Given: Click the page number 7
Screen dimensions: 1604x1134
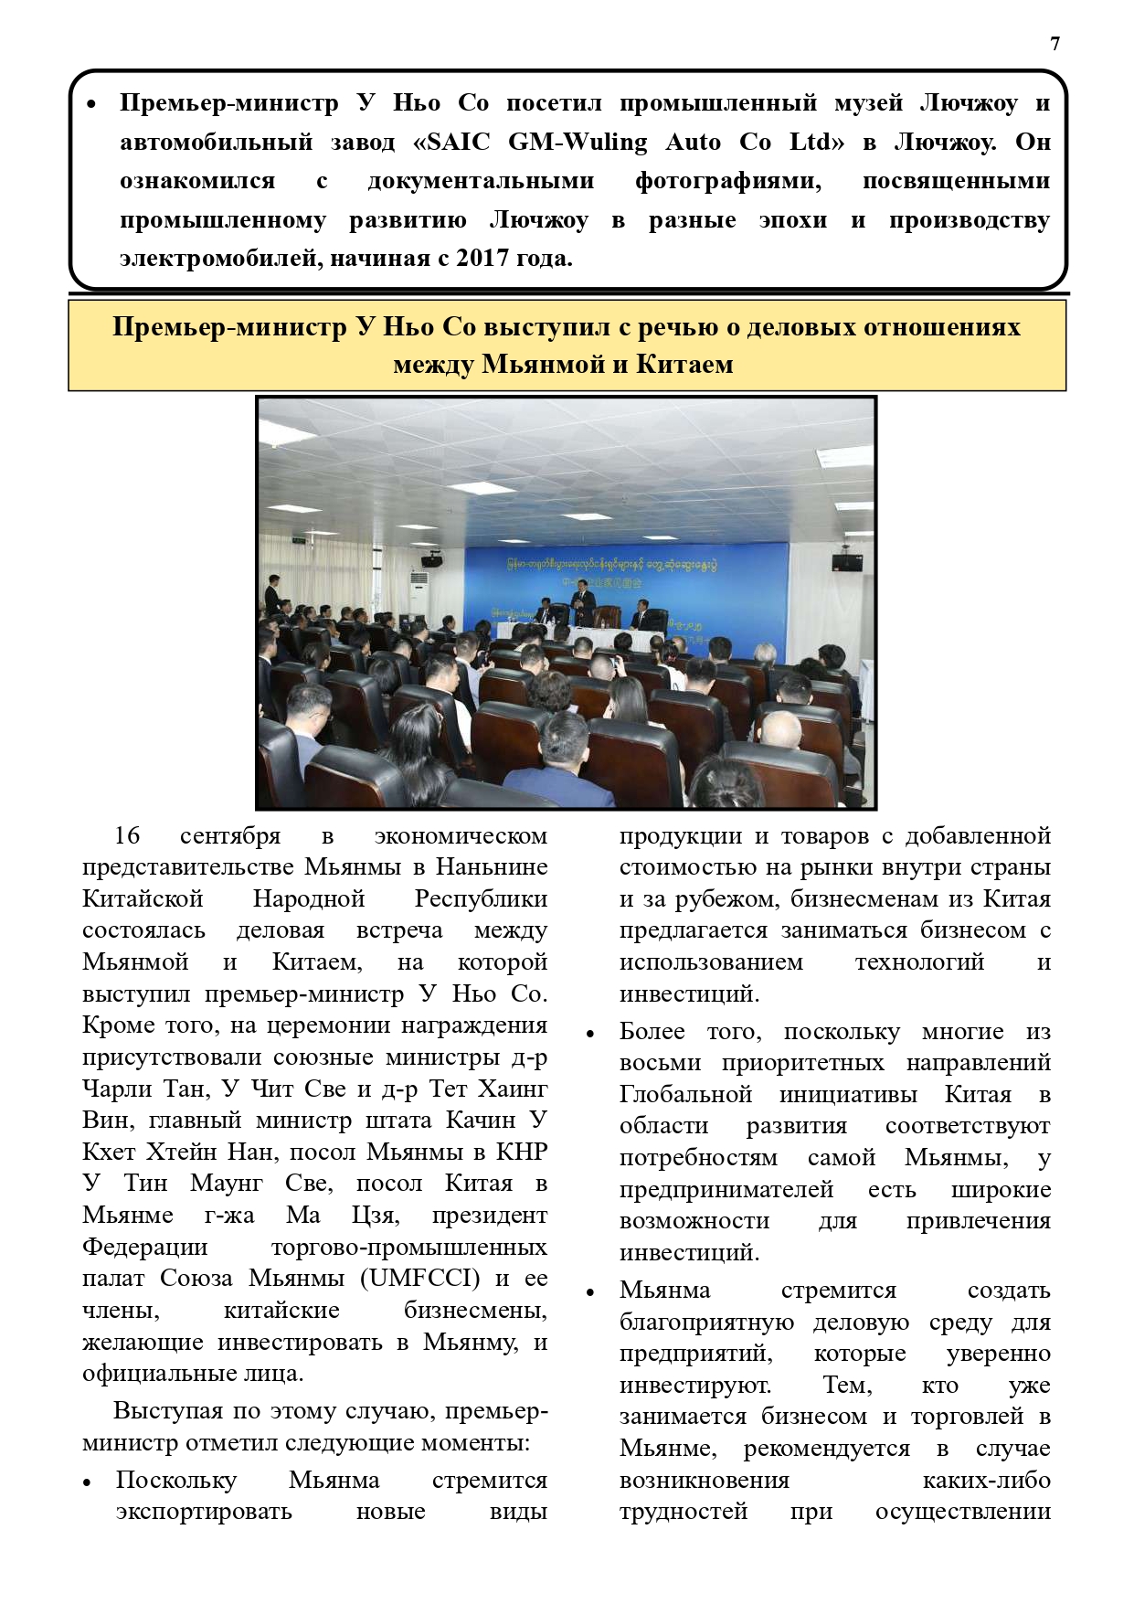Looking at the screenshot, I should [1055, 44].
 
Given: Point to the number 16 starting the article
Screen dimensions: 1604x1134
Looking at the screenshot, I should [127, 835].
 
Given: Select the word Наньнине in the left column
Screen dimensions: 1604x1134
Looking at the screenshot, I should [492, 866].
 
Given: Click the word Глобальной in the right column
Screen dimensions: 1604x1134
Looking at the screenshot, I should [685, 1094].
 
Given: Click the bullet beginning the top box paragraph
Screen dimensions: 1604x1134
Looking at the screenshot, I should [91, 105].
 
